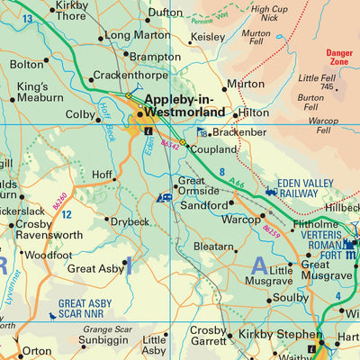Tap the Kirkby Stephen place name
click(x=272, y=335)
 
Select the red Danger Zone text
click(x=339, y=58)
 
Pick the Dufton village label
click(x=166, y=13)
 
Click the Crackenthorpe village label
click(x=133, y=76)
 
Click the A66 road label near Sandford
click(x=236, y=184)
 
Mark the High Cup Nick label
click(x=269, y=13)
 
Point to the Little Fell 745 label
click(x=318, y=82)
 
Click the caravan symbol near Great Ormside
click(x=166, y=197)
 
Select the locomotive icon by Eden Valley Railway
click(x=271, y=191)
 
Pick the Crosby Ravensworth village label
click(x=45, y=230)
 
